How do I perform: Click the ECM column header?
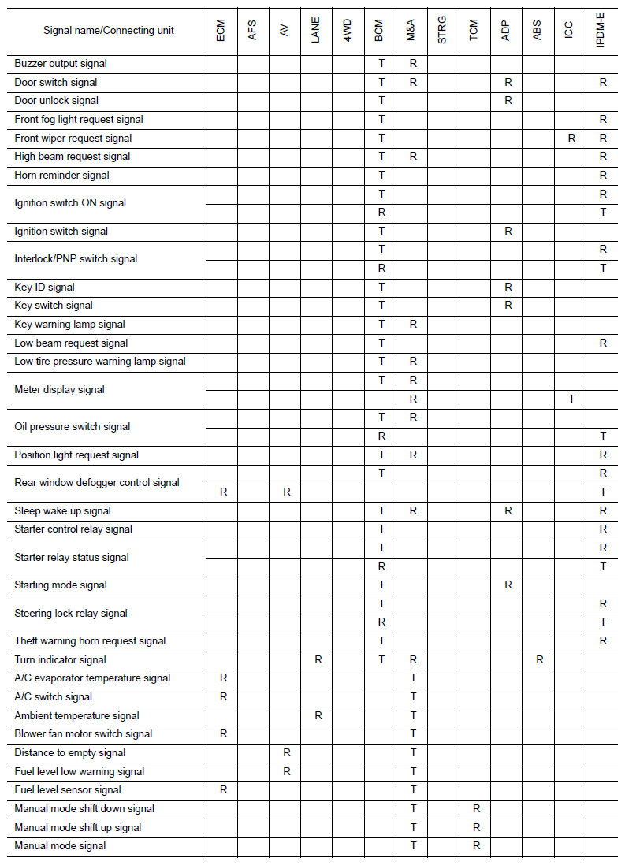pyautogui.click(x=221, y=32)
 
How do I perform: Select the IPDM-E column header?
pyautogui.click(x=602, y=32)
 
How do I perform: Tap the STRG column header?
pyautogui.click(x=442, y=32)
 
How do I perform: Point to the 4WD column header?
pyautogui.click(x=348, y=32)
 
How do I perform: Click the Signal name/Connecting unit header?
pyautogui.click(x=109, y=31)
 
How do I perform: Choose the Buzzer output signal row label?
pyautogui.click(x=61, y=63)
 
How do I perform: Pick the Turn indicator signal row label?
pyautogui.click(x=61, y=659)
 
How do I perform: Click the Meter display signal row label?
pyautogui.click(x=60, y=389)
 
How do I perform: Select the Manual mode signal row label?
pyautogui.click(x=61, y=846)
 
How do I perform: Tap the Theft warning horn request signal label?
pyautogui.click(x=91, y=641)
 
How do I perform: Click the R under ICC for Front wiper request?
pyautogui.click(x=571, y=138)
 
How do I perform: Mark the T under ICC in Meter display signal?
pyautogui.click(x=571, y=399)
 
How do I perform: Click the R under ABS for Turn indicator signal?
pyautogui.click(x=540, y=659)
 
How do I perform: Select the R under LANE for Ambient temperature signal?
pyautogui.click(x=318, y=715)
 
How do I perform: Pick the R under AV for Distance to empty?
pyautogui.click(x=287, y=753)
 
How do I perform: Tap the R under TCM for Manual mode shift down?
pyautogui.click(x=476, y=809)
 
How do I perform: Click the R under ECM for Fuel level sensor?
pyautogui.click(x=224, y=790)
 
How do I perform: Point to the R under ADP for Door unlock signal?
pyautogui.click(x=508, y=101)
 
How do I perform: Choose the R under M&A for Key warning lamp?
pyautogui.click(x=413, y=324)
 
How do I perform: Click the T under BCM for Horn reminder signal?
pyautogui.click(x=381, y=175)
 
